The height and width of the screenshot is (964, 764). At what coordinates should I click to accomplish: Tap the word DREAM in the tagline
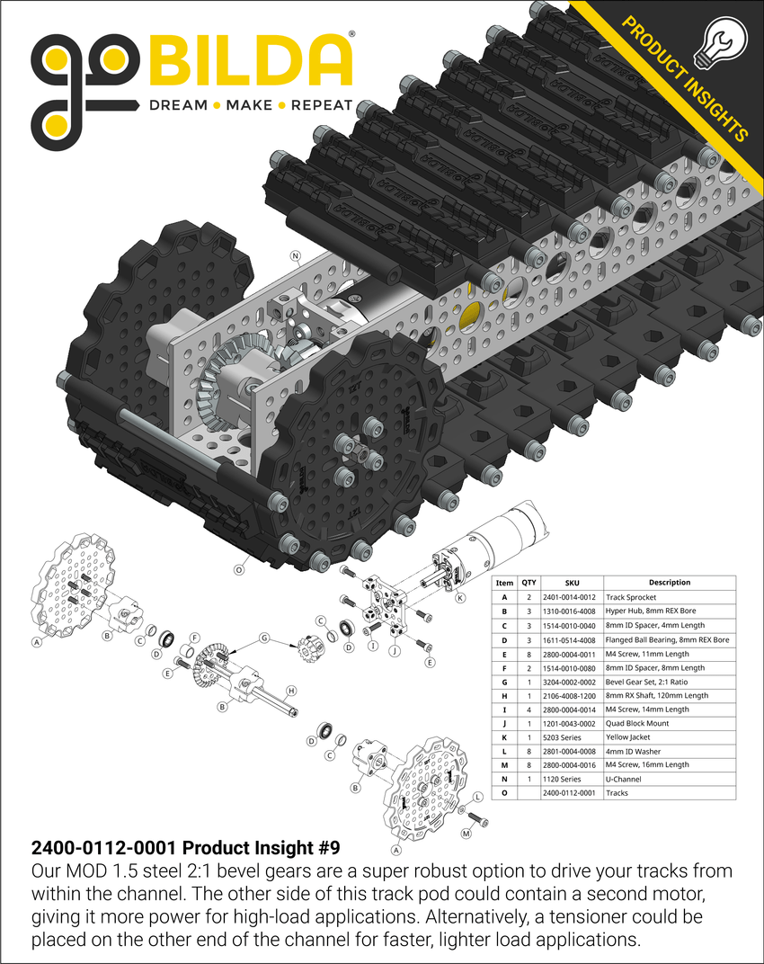pyautogui.click(x=178, y=105)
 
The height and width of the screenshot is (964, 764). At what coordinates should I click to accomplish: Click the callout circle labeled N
pyautogui.click(x=295, y=255)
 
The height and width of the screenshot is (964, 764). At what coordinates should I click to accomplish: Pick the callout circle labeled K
pyautogui.click(x=459, y=598)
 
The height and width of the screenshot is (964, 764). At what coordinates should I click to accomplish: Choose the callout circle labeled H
pyautogui.click(x=290, y=692)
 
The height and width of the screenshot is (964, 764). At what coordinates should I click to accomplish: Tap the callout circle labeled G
pyautogui.click(x=264, y=638)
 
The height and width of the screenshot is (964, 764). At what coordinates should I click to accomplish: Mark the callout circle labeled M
pyautogui.click(x=466, y=835)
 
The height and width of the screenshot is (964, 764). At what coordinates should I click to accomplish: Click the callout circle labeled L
pyautogui.click(x=477, y=796)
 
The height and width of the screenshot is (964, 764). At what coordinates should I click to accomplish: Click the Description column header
pyautogui.click(x=669, y=583)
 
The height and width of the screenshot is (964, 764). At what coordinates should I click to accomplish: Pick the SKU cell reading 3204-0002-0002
pyautogui.click(x=572, y=681)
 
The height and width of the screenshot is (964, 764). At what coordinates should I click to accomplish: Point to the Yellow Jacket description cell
pyautogui.click(x=629, y=736)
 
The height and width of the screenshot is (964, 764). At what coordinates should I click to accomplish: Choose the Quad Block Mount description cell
pyautogui.click(x=635, y=723)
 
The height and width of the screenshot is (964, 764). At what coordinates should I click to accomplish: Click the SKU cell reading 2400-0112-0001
pyautogui.click(x=572, y=793)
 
